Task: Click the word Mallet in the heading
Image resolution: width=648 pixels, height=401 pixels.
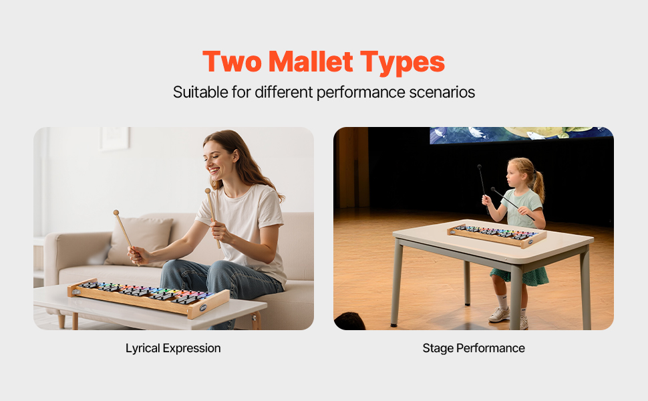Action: pyautogui.click(x=311, y=61)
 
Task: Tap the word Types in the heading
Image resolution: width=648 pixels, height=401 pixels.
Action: pyautogui.click(x=403, y=63)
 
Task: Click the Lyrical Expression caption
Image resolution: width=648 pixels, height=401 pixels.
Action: pyautogui.click(x=173, y=348)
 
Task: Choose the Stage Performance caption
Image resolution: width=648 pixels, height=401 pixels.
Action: pyautogui.click(x=474, y=348)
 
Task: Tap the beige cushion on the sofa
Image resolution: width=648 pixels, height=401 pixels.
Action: pyautogui.click(x=139, y=241)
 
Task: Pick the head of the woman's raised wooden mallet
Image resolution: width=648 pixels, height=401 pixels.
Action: pyautogui.click(x=208, y=190)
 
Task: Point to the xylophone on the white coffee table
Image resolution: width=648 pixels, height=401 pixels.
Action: pyautogui.click(x=148, y=297)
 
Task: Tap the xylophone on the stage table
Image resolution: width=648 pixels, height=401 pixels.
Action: pyautogui.click(x=497, y=235)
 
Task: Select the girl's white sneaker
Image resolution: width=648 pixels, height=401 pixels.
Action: pyautogui.click(x=499, y=315)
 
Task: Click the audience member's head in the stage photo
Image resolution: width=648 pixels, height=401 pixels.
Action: pyautogui.click(x=349, y=321)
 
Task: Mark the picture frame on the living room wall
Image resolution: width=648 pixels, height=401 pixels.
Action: pyautogui.click(x=114, y=138)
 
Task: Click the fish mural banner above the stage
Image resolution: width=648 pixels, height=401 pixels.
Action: pyautogui.click(x=520, y=135)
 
